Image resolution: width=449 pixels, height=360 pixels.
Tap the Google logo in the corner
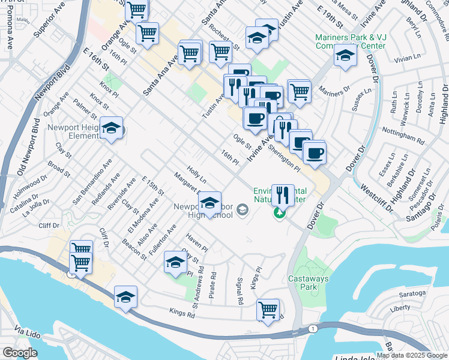(20, 353)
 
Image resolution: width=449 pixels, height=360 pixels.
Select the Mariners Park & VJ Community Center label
(349, 41)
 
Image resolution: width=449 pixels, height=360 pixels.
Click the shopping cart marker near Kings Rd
(268, 310)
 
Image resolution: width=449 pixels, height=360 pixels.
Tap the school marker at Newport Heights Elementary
(111, 128)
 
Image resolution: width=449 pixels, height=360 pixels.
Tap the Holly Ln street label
(196, 175)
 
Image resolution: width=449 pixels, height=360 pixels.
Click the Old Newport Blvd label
(28, 152)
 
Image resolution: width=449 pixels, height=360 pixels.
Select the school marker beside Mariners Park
(345, 56)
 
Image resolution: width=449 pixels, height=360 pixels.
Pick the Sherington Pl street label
(285, 155)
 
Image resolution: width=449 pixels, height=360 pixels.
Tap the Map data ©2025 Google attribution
(412, 355)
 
